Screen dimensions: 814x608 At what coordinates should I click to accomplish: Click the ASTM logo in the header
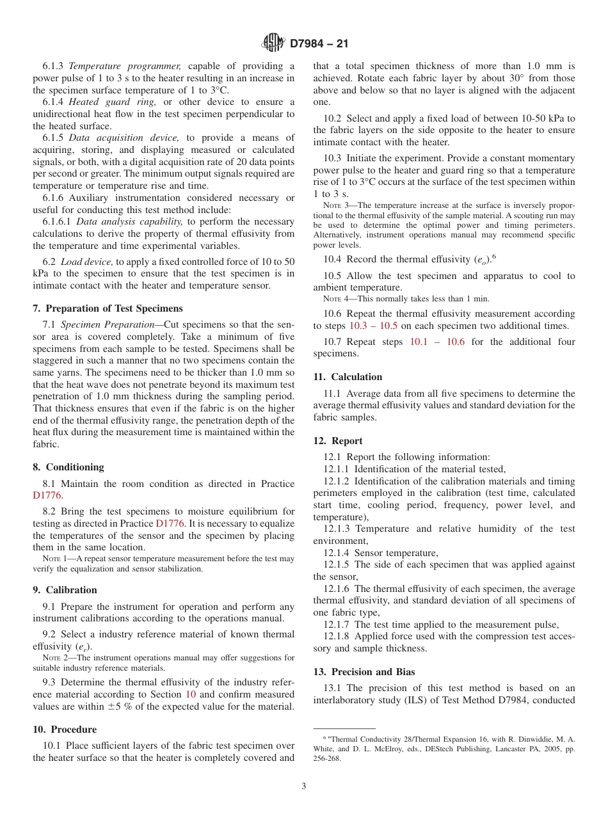click(273, 44)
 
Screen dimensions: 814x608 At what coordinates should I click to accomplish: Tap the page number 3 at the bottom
click(304, 786)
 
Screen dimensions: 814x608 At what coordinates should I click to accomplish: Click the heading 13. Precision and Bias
click(364, 672)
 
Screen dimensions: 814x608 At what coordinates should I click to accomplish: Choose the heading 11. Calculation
click(348, 377)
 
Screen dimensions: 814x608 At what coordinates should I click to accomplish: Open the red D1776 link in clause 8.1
click(47, 495)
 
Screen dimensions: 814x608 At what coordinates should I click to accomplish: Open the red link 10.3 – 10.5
click(373, 326)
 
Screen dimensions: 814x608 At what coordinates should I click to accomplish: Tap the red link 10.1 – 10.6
click(437, 342)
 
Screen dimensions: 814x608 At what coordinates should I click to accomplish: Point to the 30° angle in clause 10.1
click(515, 79)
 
